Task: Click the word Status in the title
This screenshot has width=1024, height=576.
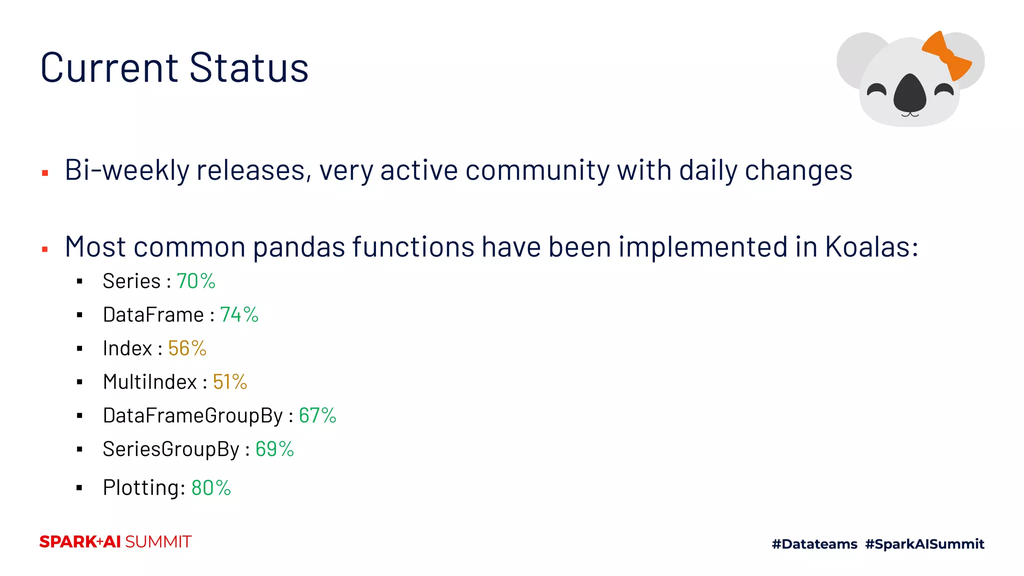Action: pyautogui.click(x=249, y=67)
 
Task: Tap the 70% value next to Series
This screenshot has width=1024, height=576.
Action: pyautogui.click(x=195, y=281)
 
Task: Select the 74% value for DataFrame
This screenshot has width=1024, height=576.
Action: pyautogui.click(x=239, y=315)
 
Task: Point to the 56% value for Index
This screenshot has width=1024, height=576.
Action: pyautogui.click(x=187, y=348)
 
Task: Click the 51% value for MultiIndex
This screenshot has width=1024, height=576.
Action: pyautogui.click(x=229, y=382)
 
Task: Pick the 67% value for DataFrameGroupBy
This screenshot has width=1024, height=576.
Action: pyautogui.click(x=317, y=415)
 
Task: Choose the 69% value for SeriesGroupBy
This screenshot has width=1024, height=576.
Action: pyautogui.click(x=274, y=449)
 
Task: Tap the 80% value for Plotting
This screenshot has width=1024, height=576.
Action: pyautogui.click(x=210, y=487)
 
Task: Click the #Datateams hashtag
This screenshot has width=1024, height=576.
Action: pyautogui.click(x=814, y=544)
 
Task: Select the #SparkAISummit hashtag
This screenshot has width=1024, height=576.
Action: pyautogui.click(x=924, y=544)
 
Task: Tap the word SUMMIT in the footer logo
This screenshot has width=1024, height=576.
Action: pyautogui.click(x=158, y=542)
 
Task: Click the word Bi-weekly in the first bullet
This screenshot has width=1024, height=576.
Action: pyautogui.click(x=127, y=170)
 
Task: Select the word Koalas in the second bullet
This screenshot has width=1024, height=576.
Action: pyautogui.click(x=871, y=247)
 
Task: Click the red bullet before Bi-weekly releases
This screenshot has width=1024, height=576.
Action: pyautogui.click(x=45, y=173)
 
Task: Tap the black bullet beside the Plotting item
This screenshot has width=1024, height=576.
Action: pyautogui.click(x=79, y=488)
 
